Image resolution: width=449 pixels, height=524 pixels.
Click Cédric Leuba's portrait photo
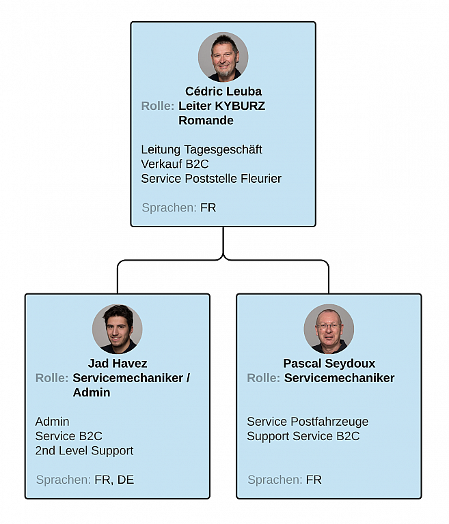pyautogui.click(x=223, y=57)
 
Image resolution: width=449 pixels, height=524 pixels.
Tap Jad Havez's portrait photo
pyautogui.click(x=118, y=329)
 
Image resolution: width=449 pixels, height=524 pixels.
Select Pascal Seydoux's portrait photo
pyautogui.click(x=329, y=329)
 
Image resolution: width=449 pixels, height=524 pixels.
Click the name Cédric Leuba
pyautogui.click(x=223, y=91)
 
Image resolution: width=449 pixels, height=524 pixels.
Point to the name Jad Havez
pyautogui.click(x=118, y=364)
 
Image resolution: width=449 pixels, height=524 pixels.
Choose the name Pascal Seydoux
pyautogui.click(x=329, y=364)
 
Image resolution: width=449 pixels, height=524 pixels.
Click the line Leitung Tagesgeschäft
pyautogui.click(x=201, y=149)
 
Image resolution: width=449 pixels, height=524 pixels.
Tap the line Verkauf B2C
pyautogui.click(x=174, y=164)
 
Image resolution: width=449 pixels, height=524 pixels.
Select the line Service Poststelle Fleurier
pyautogui.click(x=210, y=179)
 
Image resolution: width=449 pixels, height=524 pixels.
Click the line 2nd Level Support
pyautogui.click(x=84, y=451)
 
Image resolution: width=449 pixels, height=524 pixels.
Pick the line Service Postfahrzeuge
pyautogui.click(x=307, y=422)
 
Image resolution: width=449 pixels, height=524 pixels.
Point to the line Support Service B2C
pyautogui.click(x=303, y=437)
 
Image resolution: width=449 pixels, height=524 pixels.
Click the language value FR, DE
pyautogui.click(x=114, y=480)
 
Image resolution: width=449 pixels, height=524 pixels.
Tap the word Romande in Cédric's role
pyautogui.click(x=206, y=121)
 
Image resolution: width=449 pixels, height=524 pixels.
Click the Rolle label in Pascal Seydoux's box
pyautogui.click(x=263, y=378)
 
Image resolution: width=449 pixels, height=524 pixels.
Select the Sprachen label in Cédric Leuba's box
pyautogui.click(x=169, y=207)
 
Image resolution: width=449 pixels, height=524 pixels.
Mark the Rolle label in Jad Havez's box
pyautogui.click(x=52, y=378)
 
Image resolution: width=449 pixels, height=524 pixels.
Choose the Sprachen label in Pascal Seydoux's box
pyautogui.click(x=275, y=480)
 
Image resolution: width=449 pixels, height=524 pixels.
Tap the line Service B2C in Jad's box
pyautogui.click(x=68, y=437)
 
